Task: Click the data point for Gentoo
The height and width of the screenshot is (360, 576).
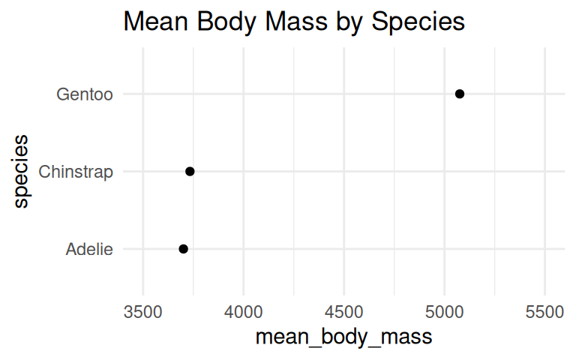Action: point(460,94)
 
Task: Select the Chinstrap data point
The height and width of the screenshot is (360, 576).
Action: point(190,172)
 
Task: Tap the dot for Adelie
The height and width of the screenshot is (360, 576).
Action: point(183,249)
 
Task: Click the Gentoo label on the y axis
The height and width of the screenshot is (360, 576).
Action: point(85,94)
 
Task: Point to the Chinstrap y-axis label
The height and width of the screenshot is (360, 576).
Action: point(76,172)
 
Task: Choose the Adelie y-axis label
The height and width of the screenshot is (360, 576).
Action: point(89,249)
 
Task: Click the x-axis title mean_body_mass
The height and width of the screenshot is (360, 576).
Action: point(343,337)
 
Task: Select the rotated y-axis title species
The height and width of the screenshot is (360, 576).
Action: point(21,171)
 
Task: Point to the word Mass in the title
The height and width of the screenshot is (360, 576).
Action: point(288,22)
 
